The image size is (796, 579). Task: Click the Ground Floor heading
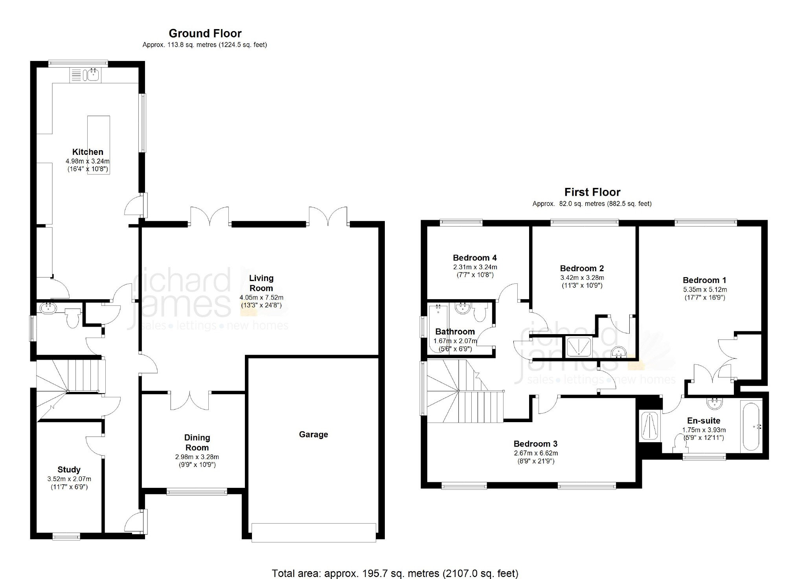pyautogui.click(x=205, y=33)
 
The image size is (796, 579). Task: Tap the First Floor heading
pyautogui.click(x=592, y=192)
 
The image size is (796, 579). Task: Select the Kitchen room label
pyautogui.click(x=88, y=152)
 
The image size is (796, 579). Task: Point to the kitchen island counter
pyautogui.click(x=99, y=145)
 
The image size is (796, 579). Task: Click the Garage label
pyautogui.click(x=313, y=434)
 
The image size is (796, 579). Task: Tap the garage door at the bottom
pyautogui.click(x=314, y=533)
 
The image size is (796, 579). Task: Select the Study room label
pyautogui.click(x=69, y=469)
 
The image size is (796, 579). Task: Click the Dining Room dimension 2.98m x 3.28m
pyautogui.click(x=197, y=457)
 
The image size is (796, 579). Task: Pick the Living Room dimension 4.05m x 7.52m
pyautogui.click(x=261, y=298)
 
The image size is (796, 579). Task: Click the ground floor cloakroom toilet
pyautogui.click(x=73, y=318)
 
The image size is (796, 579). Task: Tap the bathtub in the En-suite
pyautogui.click(x=752, y=426)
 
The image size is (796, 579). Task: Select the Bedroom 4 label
pyautogui.click(x=474, y=258)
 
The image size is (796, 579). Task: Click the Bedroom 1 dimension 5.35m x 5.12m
pyautogui.click(x=705, y=290)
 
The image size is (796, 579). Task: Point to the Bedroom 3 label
pyautogui.click(x=535, y=444)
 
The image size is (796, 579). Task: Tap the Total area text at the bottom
pyautogui.click(x=395, y=573)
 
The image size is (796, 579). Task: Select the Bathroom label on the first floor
pyautogui.click(x=455, y=331)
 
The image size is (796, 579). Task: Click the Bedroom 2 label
pyautogui.click(x=582, y=268)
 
